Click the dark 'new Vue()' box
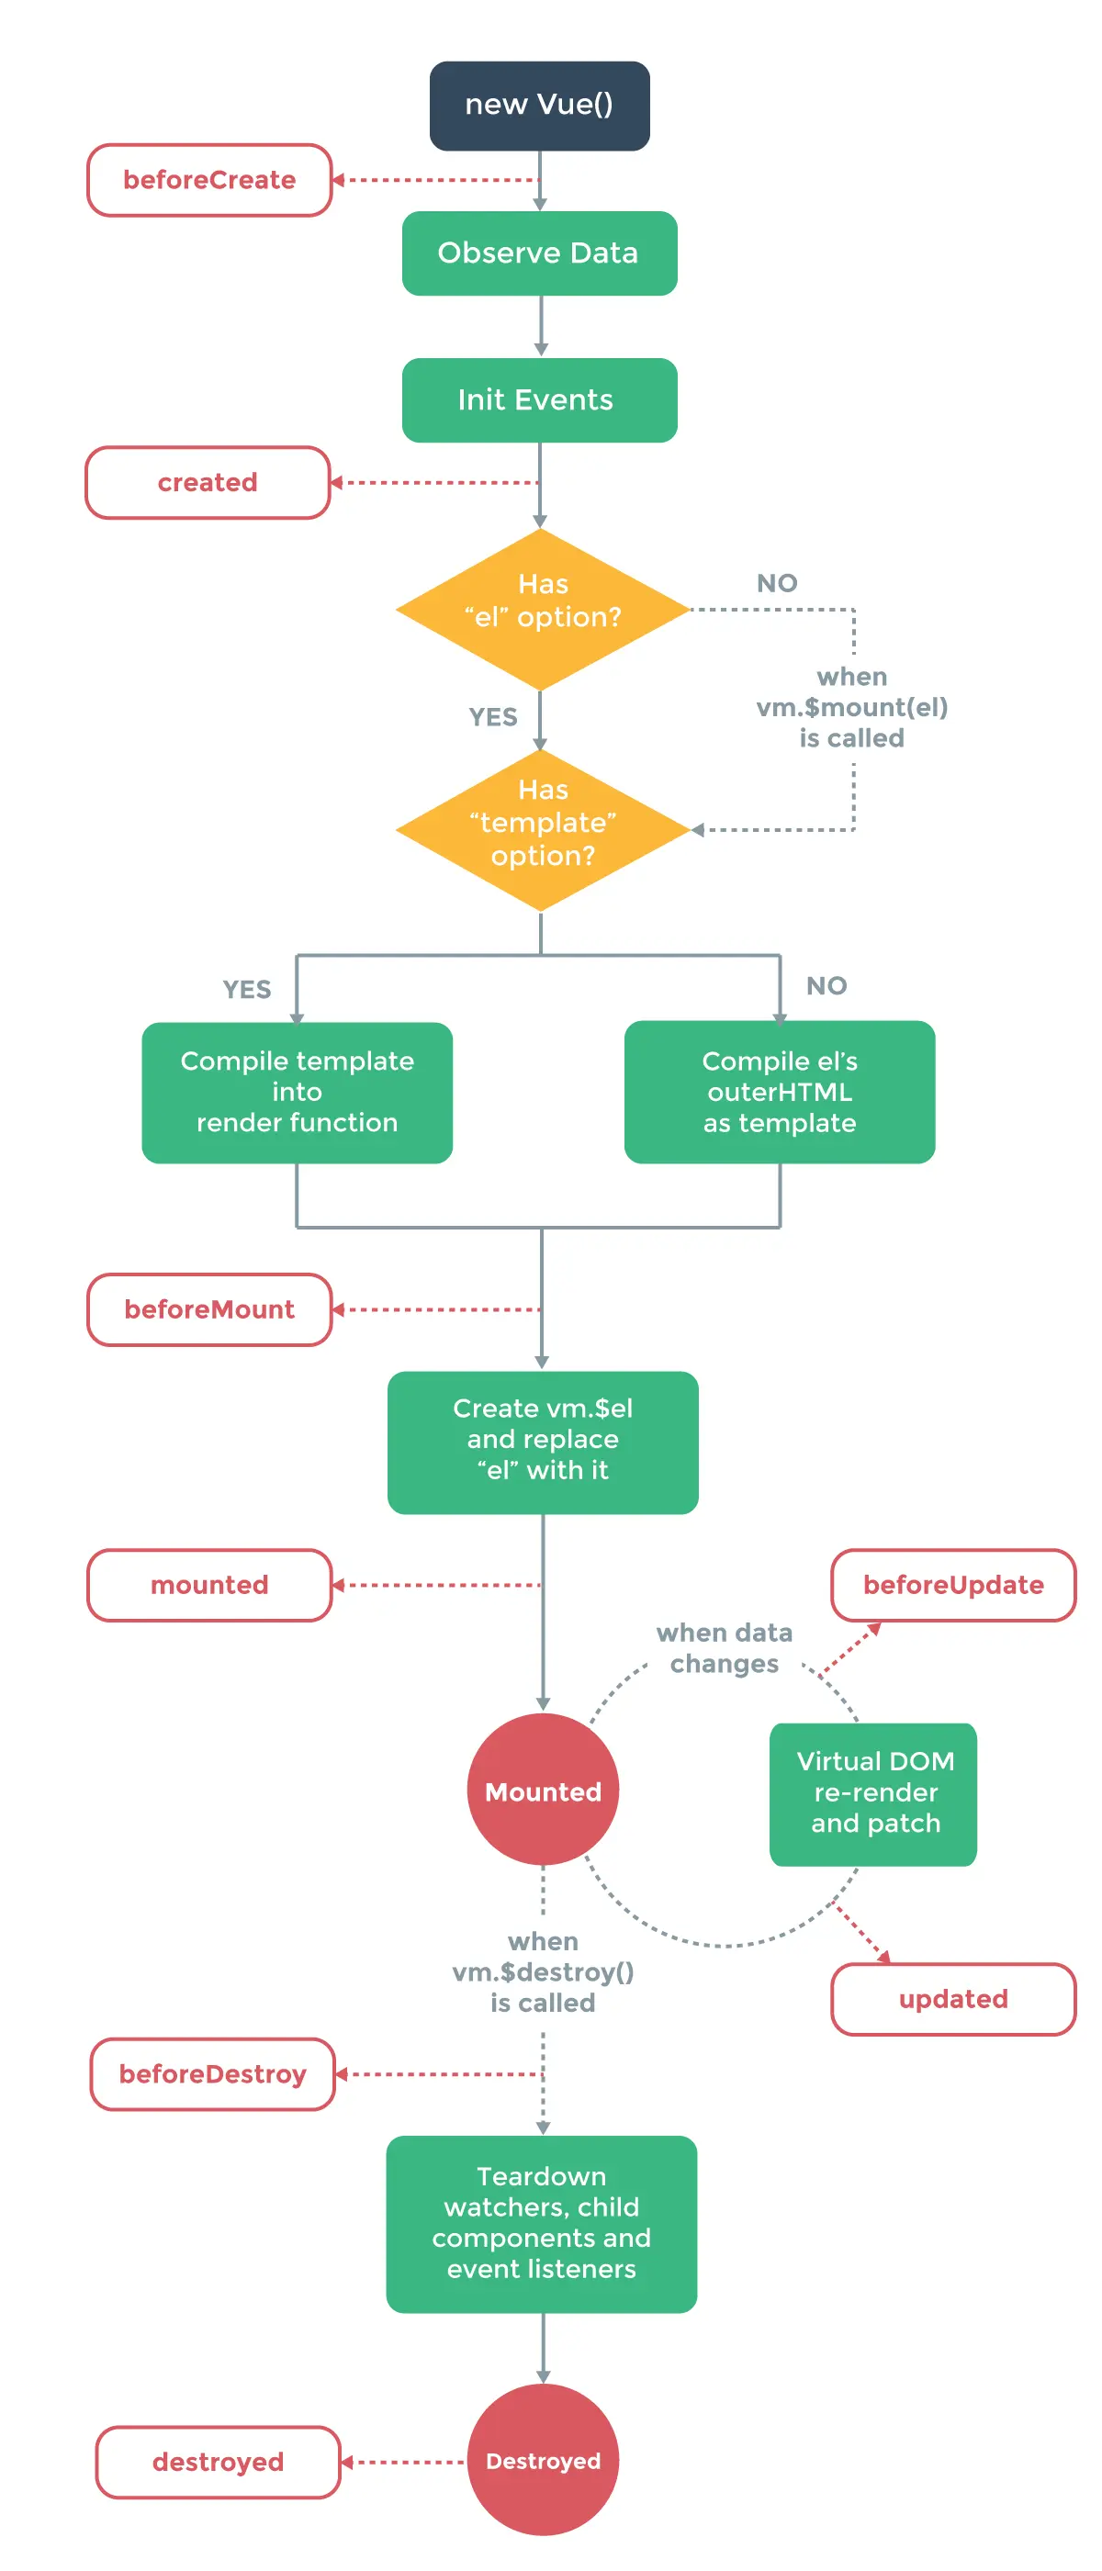[x=539, y=106]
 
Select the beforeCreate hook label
[x=209, y=181]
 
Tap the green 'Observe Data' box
[x=539, y=253]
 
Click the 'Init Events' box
[x=539, y=400]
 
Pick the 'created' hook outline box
[x=208, y=483]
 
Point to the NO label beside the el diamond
[x=777, y=584]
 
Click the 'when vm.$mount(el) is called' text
[x=851, y=708]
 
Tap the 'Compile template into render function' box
[x=297, y=1093]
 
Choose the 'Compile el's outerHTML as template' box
[x=780, y=1093]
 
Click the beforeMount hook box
[x=209, y=1309]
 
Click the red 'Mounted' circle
[x=542, y=1791]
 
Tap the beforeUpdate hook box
[x=953, y=1585]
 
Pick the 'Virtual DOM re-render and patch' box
[x=873, y=1793]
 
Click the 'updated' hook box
[x=953, y=1999]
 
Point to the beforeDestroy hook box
[x=213, y=2074]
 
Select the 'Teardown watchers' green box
[x=541, y=2224]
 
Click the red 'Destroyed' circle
[x=542, y=2460]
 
